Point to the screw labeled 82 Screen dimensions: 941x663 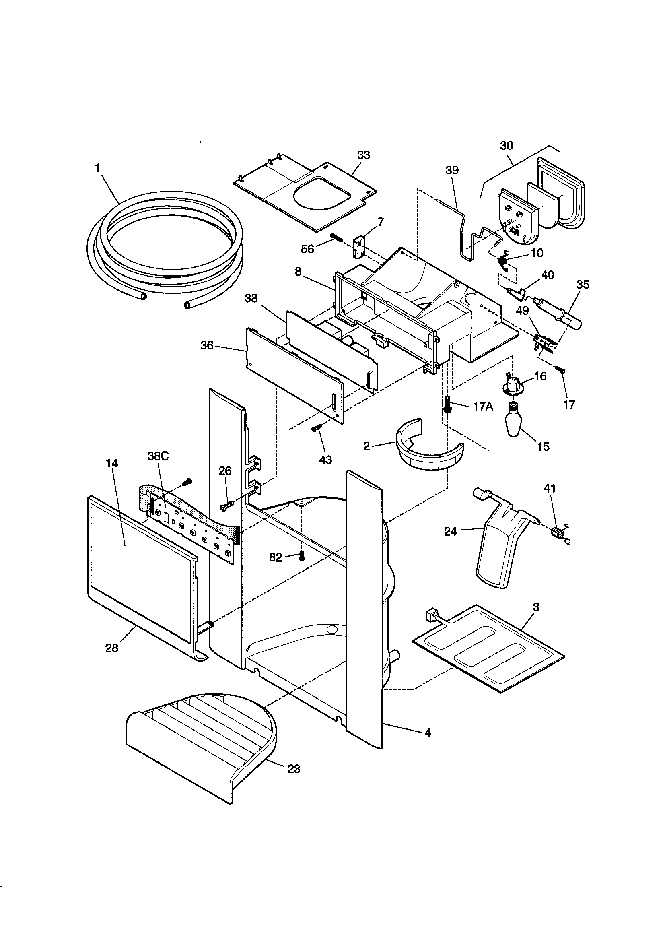click(302, 556)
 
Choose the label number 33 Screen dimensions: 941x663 click(363, 155)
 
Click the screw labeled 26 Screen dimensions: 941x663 click(225, 507)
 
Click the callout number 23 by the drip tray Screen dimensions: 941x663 click(293, 769)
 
